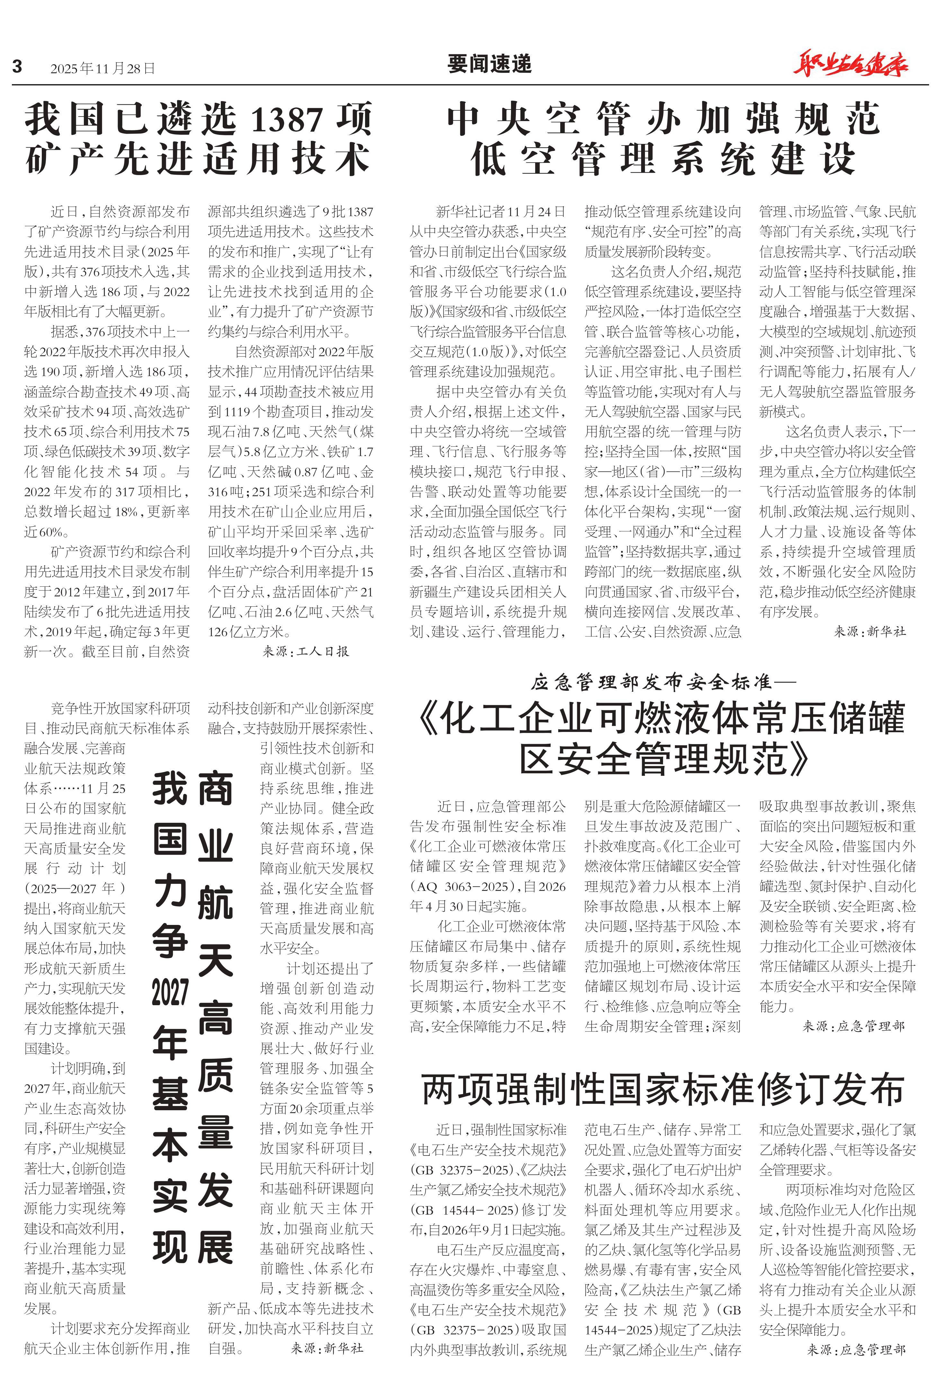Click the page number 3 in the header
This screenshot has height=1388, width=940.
pyautogui.click(x=17, y=66)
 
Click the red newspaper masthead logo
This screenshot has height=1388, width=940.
pyautogui.click(x=850, y=65)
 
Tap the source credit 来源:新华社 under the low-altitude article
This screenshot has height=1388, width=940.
pyautogui.click(x=870, y=631)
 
